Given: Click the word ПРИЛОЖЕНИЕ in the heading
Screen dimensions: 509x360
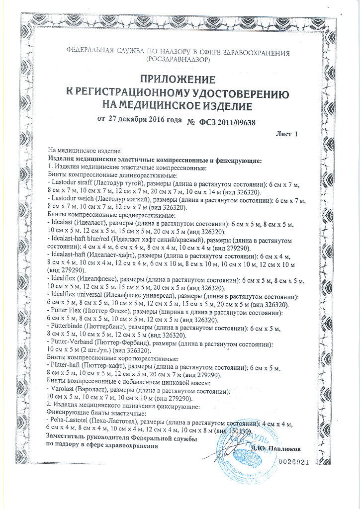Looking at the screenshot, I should [178, 80].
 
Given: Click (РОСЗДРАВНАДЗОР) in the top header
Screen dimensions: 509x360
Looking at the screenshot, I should [178, 59].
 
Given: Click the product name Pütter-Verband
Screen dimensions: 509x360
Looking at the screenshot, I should [69, 343].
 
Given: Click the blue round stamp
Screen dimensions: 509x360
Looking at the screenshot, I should [244, 453].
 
